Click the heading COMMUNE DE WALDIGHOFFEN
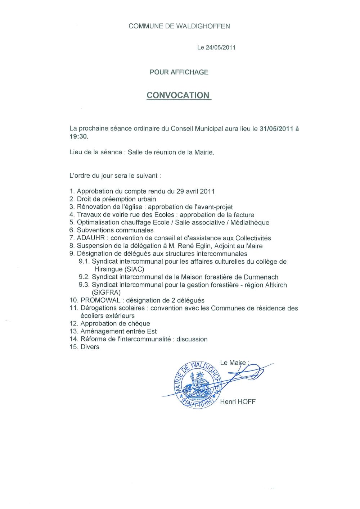tap(179, 26)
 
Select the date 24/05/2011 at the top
tap(220, 47)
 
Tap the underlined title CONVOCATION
tap(178, 95)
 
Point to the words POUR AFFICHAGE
tap(179, 72)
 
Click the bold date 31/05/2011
tap(276, 129)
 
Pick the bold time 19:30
tap(78, 137)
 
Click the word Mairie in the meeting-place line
tap(204, 153)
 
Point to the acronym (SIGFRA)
tap(106, 293)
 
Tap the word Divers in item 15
tap(90, 347)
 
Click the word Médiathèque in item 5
tap(250, 223)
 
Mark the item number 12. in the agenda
tap(74, 324)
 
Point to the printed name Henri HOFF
tap(238, 402)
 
